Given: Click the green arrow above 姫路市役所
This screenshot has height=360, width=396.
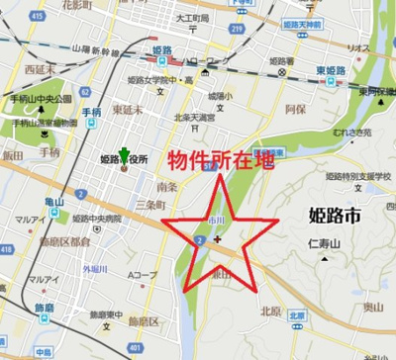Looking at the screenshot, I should click(124, 153).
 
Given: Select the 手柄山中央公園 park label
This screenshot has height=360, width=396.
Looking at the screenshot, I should click(36, 100).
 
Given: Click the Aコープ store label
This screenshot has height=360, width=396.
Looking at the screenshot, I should click(144, 274).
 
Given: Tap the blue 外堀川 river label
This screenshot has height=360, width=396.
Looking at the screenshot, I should click(96, 268).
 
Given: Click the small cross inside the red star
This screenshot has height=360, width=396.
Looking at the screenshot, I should click(216, 238).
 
